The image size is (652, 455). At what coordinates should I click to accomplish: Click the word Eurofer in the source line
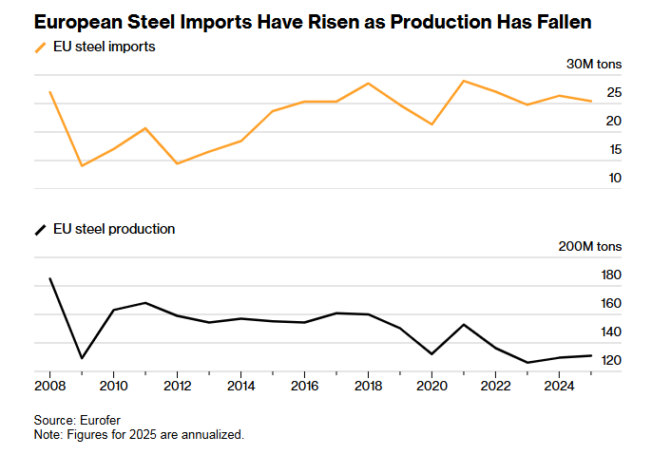click(100, 421)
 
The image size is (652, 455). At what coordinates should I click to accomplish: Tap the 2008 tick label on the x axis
click(49, 386)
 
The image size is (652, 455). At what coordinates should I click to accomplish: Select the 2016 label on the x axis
click(304, 386)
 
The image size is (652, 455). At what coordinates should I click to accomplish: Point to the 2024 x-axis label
click(559, 386)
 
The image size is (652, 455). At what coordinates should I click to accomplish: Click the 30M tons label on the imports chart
click(594, 64)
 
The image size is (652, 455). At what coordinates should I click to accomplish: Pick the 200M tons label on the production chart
click(589, 246)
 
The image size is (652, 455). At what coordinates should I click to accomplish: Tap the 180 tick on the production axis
click(611, 275)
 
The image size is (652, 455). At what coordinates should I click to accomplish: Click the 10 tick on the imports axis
click(615, 179)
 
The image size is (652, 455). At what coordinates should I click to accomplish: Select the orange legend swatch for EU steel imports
click(40, 47)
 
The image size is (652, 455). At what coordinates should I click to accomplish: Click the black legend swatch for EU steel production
click(40, 230)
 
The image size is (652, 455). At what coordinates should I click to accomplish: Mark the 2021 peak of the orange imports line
click(464, 81)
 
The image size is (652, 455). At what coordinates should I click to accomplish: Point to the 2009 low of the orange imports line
click(82, 166)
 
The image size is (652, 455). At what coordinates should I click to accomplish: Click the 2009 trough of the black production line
click(82, 358)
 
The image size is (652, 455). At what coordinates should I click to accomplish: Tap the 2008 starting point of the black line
click(49, 278)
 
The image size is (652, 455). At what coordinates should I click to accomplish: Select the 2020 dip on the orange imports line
click(432, 124)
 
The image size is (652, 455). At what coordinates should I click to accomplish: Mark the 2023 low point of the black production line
click(527, 363)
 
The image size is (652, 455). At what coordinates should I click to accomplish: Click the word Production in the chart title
click(440, 22)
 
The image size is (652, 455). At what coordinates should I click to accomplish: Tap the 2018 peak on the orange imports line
click(368, 84)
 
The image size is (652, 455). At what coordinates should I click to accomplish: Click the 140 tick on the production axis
click(611, 332)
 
